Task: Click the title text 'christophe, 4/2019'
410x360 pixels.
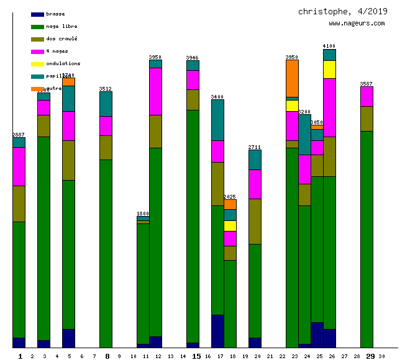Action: pos(342,11)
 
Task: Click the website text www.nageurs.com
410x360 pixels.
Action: pos(357,24)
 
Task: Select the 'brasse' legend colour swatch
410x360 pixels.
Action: pos(37,14)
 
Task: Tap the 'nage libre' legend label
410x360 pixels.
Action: pos(61,26)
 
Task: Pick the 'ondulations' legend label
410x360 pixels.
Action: pos(63,63)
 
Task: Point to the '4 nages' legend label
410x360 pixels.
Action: pos(57,51)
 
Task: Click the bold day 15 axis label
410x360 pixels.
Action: pos(196,356)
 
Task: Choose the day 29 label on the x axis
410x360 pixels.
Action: pos(370,356)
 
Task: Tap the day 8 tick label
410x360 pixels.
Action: pos(107,356)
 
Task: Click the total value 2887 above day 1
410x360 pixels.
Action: pos(19,135)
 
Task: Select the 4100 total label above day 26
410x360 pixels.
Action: pos(329,46)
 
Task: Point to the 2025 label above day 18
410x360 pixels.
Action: pos(230,197)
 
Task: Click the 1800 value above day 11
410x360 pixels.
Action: pos(143,214)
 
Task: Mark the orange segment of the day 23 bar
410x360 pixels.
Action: pos(292,78)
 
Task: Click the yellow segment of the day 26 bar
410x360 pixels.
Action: pos(329,70)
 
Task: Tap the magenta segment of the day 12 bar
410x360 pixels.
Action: pos(155,91)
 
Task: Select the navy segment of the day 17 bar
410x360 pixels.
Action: pos(217,331)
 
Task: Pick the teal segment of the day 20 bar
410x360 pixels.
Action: pos(255,160)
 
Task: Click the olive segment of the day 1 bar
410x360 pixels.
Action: pos(19,204)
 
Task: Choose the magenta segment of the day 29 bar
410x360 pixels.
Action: pos(367,96)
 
